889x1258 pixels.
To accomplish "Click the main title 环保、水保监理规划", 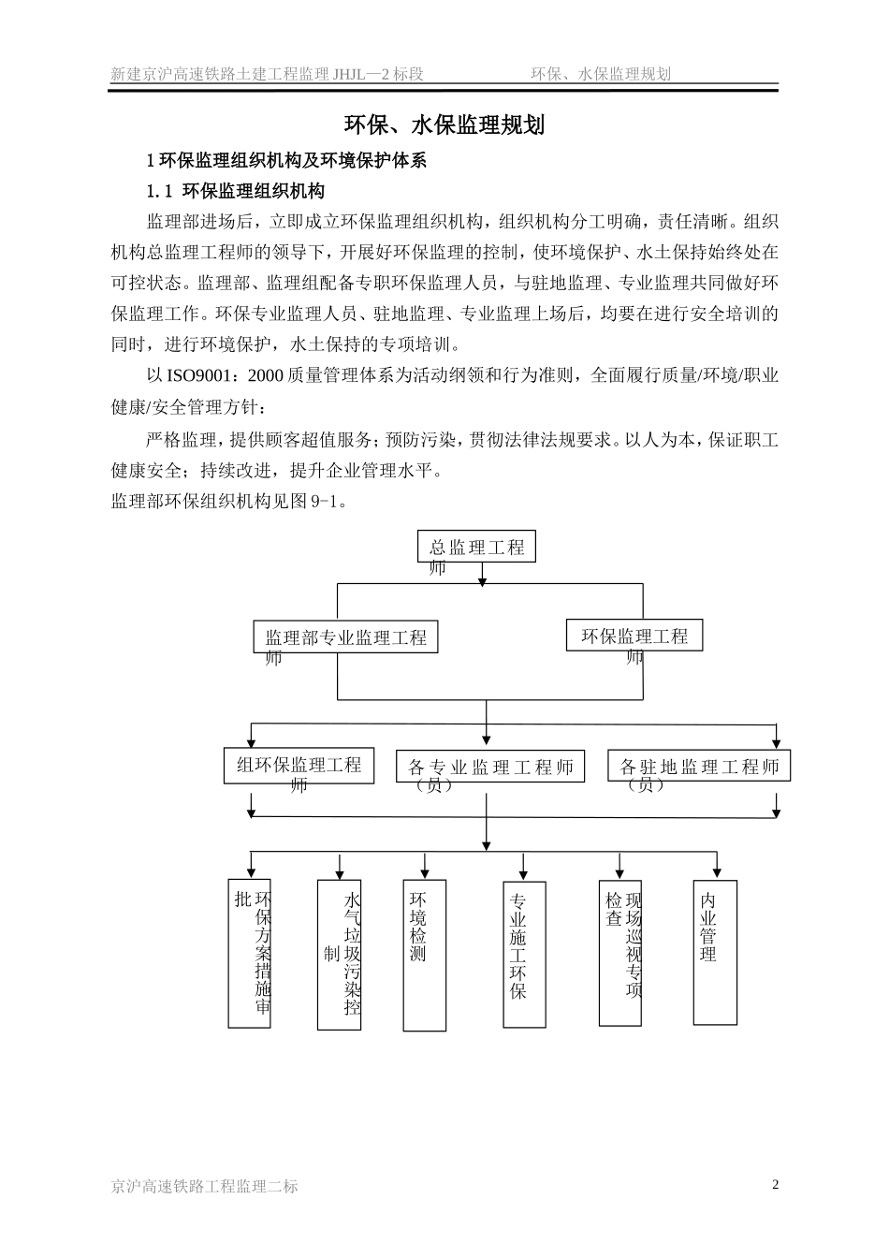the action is pyautogui.click(x=444, y=125).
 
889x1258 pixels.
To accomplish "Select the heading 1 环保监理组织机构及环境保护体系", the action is pyautogui.click(x=286, y=160).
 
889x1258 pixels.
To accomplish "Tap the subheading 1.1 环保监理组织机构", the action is pyautogui.click(x=236, y=191).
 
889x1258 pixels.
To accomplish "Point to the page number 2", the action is pyautogui.click(x=775, y=1184).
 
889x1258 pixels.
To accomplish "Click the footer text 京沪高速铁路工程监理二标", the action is pyautogui.click(x=205, y=1186).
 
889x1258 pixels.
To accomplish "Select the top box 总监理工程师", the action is pyautogui.click(x=476, y=548).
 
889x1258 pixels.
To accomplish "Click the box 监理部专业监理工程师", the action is pyautogui.click(x=345, y=638).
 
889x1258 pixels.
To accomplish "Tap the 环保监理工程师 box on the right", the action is pyautogui.click(x=634, y=636).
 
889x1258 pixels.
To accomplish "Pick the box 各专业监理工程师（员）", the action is pyautogui.click(x=490, y=768).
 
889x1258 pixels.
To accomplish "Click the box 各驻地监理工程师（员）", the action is pyautogui.click(x=699, y=767).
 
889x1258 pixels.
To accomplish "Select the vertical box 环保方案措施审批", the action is pyautogui.click(x=250, y=953).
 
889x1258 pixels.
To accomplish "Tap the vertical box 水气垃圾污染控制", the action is pyautogui.click(x=339, y=954).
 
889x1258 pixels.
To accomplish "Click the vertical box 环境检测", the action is pyautogui.click(x=424, y=955).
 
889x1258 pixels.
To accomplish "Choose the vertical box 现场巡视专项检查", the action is pyautogui.click(x=620, y=952).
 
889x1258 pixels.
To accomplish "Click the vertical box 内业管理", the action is pyautogui.click(x=715, y=952).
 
